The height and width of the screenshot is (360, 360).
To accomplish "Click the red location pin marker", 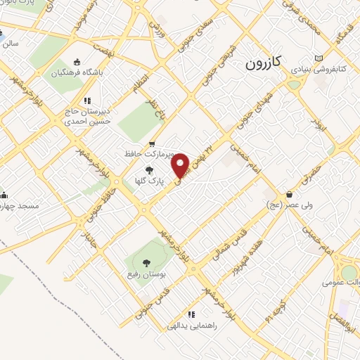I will (181, 165).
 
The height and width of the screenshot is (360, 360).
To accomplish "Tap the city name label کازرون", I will (264, 63).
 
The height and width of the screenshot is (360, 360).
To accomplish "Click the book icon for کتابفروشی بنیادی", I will (319, 58).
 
